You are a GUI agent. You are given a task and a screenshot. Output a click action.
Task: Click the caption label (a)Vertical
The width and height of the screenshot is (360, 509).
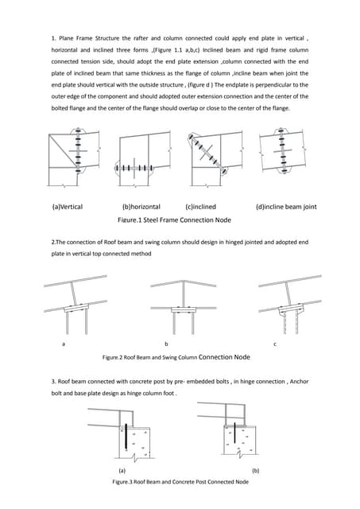pyautogui.click(x=67, y=207)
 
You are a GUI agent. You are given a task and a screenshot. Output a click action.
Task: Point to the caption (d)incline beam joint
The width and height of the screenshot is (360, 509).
pyautogui.click(x=285, y=207)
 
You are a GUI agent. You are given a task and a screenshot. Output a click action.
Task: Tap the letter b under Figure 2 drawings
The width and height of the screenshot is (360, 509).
pyautogui.click(x=166, y=344)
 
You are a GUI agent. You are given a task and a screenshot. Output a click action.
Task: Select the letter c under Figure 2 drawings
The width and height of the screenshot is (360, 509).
pyautogui.click(x=274, y=344)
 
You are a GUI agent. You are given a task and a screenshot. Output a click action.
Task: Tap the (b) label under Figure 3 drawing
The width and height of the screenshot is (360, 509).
pyautogui.click(x=255, y=471)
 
